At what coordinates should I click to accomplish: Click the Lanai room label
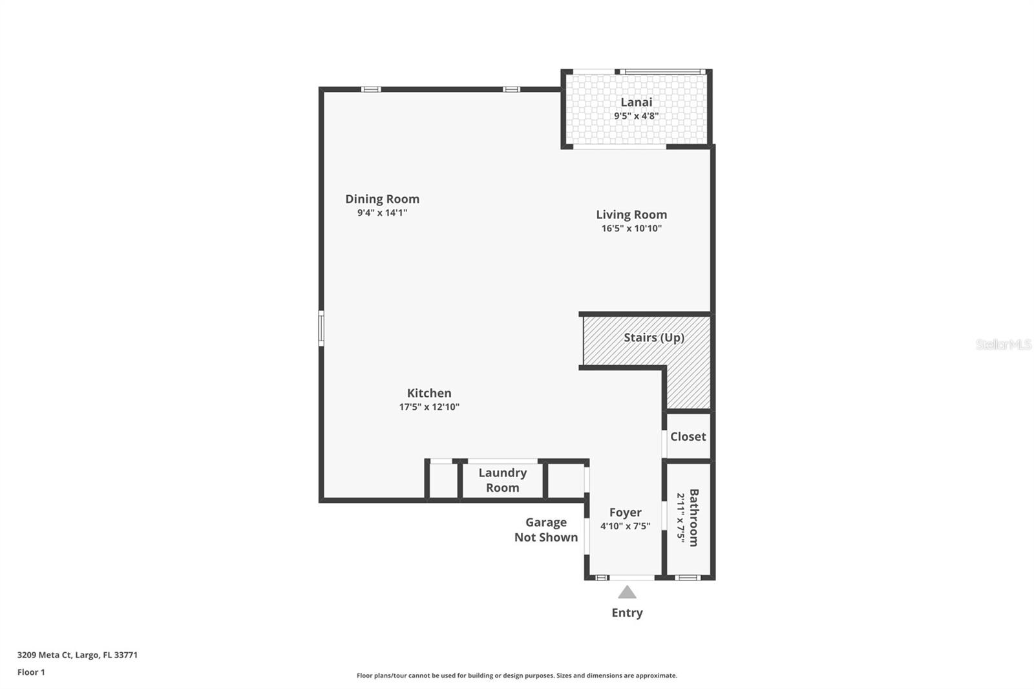point(636,102)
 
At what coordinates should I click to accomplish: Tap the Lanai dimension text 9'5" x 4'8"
point(636,116)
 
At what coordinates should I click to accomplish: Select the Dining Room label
point(382,199)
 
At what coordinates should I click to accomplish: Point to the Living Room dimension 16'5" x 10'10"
point(631,228)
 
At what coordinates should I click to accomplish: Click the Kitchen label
point(429,393)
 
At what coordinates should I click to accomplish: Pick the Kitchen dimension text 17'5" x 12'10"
point(429,407)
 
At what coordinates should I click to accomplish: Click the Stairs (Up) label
point(653,337)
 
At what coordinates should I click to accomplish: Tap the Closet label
point(688,436)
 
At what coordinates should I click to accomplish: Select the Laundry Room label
point(502,480)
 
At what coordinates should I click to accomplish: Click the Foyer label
point(625,513)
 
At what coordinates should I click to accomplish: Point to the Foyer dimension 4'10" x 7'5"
point(625,526)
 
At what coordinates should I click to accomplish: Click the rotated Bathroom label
point(693,517)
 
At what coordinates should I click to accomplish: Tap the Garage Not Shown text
point(546,529)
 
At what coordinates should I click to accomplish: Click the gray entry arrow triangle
point(627,593)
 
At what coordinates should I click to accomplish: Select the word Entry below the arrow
point(627,613)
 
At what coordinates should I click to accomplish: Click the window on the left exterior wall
point(321,328)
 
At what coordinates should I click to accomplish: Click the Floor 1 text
point(31,672)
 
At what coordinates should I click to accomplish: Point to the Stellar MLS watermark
point(1003,344)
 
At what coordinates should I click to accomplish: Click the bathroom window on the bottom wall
point(687,577)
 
